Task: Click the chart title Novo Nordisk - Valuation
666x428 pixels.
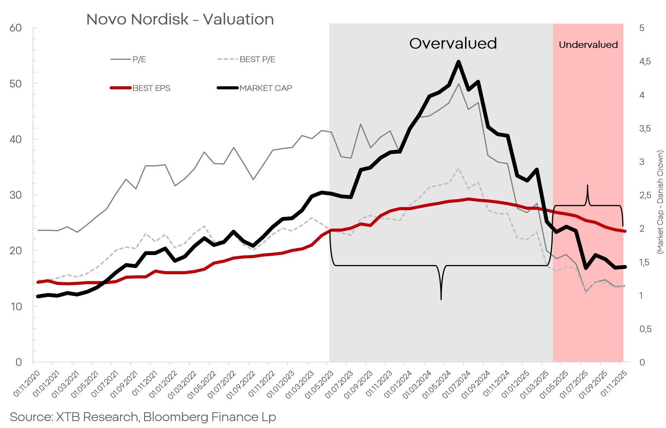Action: point(180,19)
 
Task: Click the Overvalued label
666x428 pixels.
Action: point(453,43)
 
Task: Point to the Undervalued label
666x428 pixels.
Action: point(588,45)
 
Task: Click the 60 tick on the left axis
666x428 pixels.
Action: point(16,28)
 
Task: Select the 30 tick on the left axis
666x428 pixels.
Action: point(16,195)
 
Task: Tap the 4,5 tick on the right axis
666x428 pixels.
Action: point(645,61)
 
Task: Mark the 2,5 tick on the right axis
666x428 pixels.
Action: point(645,195)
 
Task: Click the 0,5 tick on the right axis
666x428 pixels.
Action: point(645,329)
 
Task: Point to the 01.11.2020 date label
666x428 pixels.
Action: point(27,384)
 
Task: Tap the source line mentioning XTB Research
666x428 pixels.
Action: point(143,417)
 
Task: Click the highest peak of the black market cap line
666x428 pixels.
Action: point(458,62)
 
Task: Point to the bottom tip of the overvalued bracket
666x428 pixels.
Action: point(441,299)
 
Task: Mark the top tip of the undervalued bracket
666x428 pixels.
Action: point(587,186)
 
